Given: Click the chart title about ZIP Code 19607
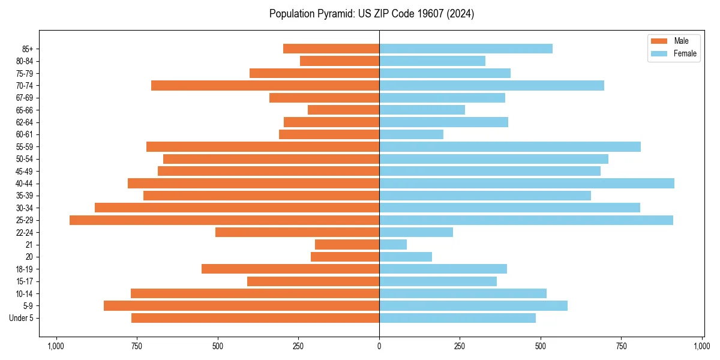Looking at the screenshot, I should pos(371,14).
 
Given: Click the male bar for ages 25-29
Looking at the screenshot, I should pos(224,220).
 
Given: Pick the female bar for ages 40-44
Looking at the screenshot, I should pos(527,184).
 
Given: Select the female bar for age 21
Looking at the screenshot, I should pos(393,245).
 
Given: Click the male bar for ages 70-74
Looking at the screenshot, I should pos(265,86).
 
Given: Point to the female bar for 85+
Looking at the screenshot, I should pos(466,49).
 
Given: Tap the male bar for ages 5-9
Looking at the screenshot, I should pos(241,306).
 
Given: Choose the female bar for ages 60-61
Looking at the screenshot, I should pos(411,134).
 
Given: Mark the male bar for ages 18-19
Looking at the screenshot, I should pos(290,269).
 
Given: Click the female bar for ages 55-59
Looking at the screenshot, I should pos(510,147).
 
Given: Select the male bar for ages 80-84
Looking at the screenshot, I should pos(340,61).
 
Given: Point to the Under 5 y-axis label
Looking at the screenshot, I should pos(22,318).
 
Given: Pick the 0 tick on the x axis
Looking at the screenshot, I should pos(379,346).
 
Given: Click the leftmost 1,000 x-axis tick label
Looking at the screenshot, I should pos(56,346).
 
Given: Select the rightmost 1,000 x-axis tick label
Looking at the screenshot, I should pos(702,346).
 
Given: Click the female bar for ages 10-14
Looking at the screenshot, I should pos(463,293).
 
